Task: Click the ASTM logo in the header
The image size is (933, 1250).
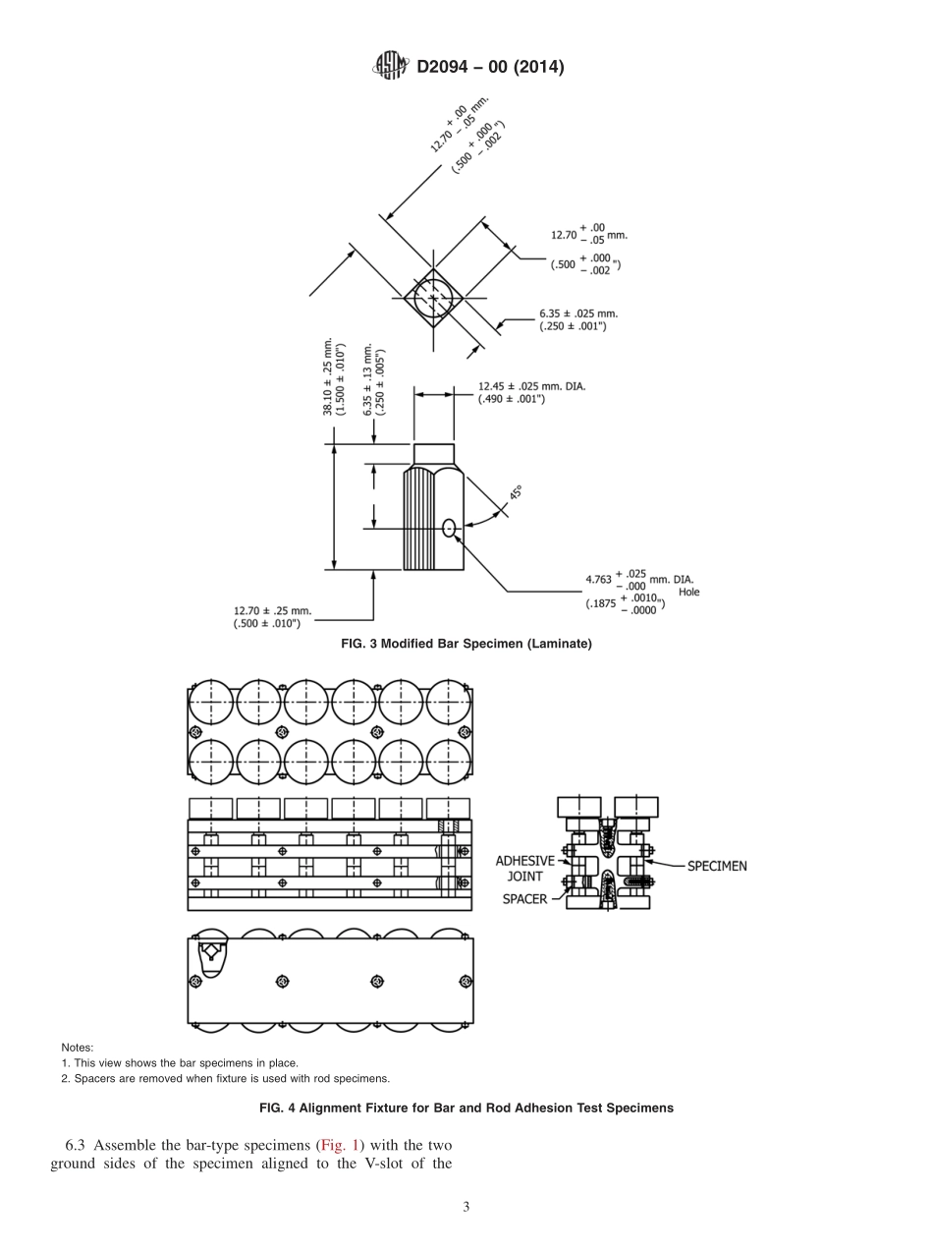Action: pos(391,67)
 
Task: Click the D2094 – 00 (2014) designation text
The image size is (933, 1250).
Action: pos(490,68)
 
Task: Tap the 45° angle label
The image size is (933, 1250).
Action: pos(514,492)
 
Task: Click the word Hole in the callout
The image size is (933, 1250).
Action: pos(688,592)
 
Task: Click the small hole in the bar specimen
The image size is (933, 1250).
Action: pos(449,528)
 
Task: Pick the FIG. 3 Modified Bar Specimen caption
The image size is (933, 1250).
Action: pos(466,643)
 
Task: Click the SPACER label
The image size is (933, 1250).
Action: pos(524,898)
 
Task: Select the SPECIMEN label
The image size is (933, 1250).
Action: pos(716,866)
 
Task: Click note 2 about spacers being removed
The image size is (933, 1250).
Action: pos(225,1077)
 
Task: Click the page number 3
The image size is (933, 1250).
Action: pos(466,1207)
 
